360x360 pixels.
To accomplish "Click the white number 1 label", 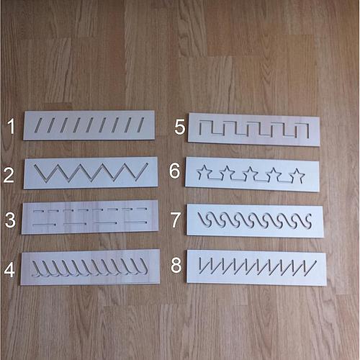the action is click(12, 126).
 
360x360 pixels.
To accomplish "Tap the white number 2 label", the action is click(9, 175).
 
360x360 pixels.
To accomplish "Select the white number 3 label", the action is click(10, 220).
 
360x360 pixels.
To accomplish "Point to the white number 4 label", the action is click(9, 270).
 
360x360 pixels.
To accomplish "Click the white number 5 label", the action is click(180, 127).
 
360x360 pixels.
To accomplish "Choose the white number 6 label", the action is click(174, 171).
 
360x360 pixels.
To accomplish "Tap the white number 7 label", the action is click(176, 220).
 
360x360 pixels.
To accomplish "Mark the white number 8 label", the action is click(176, 265).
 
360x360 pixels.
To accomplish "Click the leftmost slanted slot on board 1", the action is click(38, 125).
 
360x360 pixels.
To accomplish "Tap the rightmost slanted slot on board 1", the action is click(140, 125).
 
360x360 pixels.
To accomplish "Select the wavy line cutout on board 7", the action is click(254, 220).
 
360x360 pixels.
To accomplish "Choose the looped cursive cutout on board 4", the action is click(90, 268).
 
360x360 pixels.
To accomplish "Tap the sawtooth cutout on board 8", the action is click(257, 267).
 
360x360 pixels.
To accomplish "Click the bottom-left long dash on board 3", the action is click(45, 225).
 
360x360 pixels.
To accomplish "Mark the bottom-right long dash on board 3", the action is click(135, 222).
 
